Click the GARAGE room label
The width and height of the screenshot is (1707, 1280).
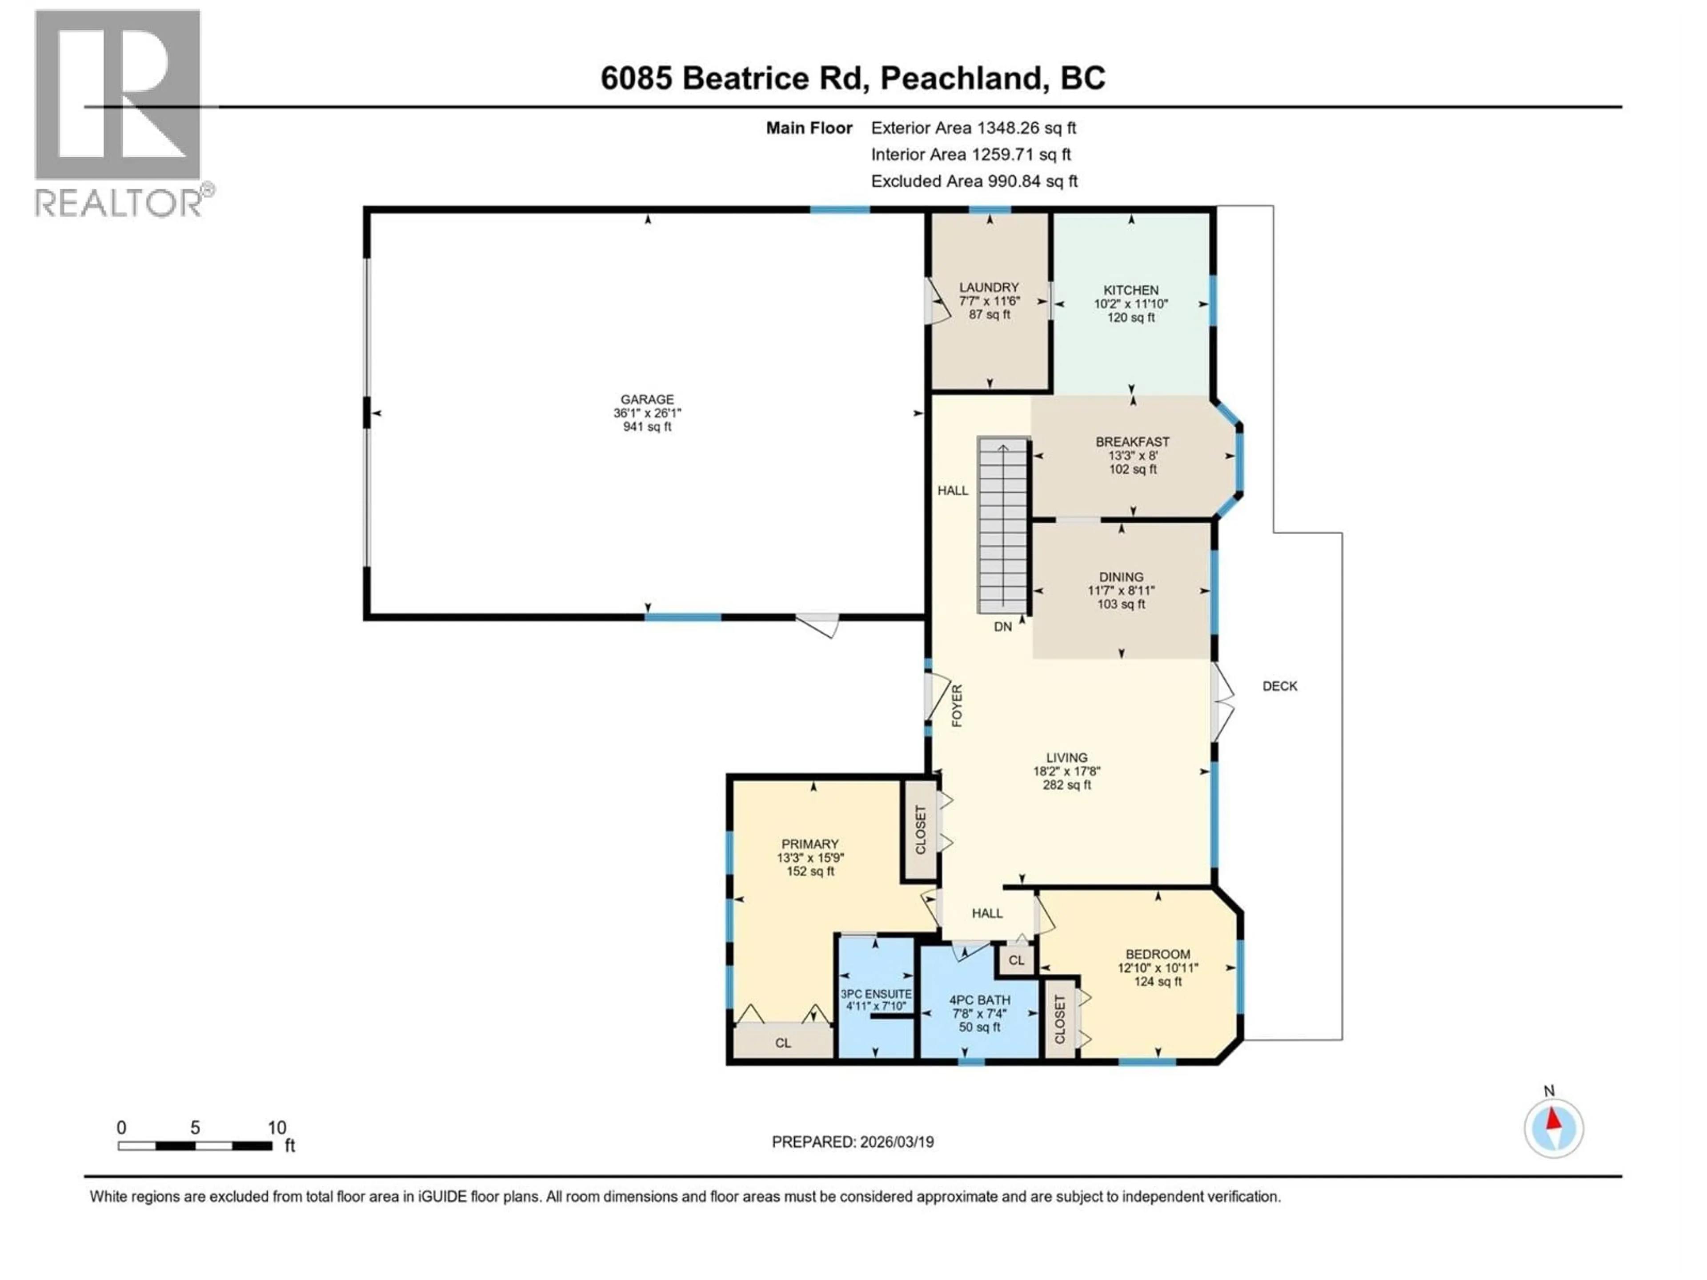coord(647,399)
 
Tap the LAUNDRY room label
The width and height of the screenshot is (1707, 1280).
coord(989,287)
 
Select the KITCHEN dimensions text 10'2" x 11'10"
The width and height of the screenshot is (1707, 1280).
coord(1130,304)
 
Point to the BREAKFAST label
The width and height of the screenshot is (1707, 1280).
coord(1132,441)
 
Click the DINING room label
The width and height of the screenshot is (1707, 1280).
coord(1121,576)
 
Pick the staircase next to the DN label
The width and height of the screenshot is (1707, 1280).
coord(1003,524)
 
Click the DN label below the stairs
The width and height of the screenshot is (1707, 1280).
coord(1002,627)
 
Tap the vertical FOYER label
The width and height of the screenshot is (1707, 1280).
coord(957,705)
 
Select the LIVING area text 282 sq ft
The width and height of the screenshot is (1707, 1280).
coord(1066,784)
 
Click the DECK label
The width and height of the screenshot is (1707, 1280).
coord(1279,685)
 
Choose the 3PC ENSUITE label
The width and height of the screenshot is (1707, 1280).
coord(876,994)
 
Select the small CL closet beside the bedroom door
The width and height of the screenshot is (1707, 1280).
coord(1016,960)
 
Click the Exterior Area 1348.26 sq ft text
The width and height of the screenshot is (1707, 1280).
coord(973,128)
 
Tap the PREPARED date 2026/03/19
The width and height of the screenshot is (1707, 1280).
coord(852,1141)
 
